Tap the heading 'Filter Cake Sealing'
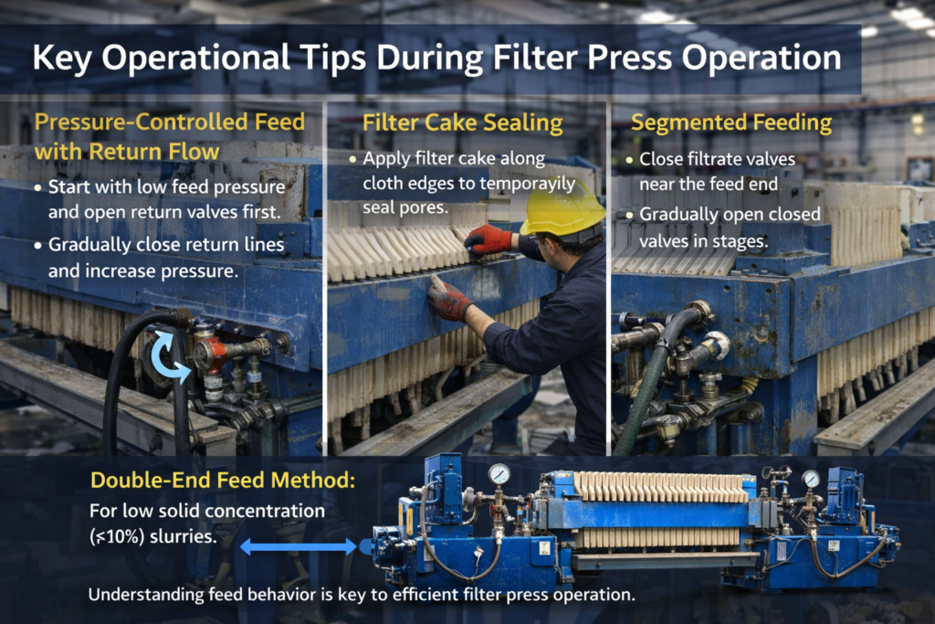pyautogui.click(x=463, y=123)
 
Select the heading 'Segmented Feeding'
pyautogui.click(x=731, y=123)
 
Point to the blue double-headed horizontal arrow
pyautogui.click(x=299, y=545)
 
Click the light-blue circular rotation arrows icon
pyautogui.click(x=171, y=355)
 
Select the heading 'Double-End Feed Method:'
pyautogui.click(x=223, y=481)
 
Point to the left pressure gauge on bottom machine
pyautogui.click(x=499, y=474)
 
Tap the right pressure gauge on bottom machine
pyautogui.click(x=811, y=479)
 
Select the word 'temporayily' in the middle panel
pyautogui.click(x=528, y=184)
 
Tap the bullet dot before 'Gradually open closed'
pyautogui.click(x=630, y=216)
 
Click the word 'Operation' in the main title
pyautogui.click(x=762, y=58)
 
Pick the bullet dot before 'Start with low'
pyautogui.click(x=37, y=188)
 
